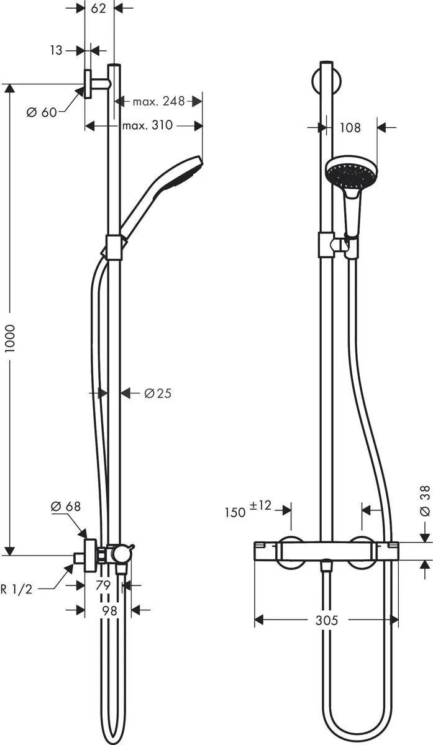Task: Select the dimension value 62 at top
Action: [99, 8]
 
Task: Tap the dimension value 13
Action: [57, 50]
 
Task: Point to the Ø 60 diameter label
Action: [42, 112]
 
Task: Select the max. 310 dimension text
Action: [147, 125]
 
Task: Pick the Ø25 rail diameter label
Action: [157, 393]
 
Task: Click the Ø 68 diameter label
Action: [65, 507]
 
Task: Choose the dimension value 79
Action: [104, 585]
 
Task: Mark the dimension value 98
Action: [109, 611]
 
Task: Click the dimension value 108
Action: [350, 128]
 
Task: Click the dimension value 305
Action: [326, 620]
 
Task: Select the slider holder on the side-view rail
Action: [114, 246]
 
